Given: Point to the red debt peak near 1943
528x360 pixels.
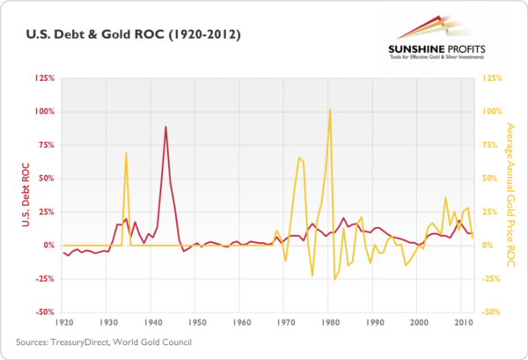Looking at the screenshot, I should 165,127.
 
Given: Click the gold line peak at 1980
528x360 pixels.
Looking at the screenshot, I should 330,110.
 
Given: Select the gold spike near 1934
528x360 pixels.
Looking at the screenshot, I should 126,153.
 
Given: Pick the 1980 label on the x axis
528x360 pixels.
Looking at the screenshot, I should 330,323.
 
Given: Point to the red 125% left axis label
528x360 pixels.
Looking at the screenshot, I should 44,78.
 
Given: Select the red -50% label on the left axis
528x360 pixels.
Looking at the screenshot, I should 44,312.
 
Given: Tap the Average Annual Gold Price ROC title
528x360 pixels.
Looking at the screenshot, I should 511,195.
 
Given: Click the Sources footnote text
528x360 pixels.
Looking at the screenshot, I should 102,342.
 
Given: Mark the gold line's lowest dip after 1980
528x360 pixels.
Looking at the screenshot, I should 334,279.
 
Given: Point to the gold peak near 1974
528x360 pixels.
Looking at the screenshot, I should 299,158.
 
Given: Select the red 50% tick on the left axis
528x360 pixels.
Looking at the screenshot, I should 46,179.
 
